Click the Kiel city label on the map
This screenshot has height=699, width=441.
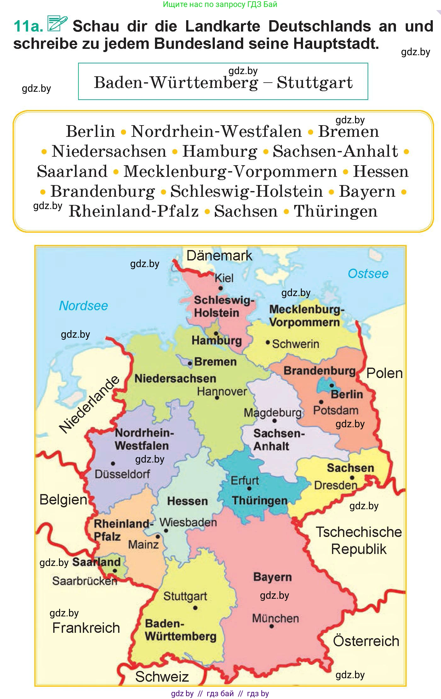click(x=224, y=278)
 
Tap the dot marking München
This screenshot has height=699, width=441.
click(x=272, y=626)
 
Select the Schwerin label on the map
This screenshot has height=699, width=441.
click(x=295, y=344)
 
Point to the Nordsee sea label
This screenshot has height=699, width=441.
click(x=83, y=306)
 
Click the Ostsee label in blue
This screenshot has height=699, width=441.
click(x=368, y=273)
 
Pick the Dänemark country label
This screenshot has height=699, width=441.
click(x=219, y=255)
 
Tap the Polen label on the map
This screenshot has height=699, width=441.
click(x=384, y=373)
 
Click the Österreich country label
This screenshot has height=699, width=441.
click(x=366, y=641)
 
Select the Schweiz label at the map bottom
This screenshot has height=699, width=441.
click(x=162, y=677)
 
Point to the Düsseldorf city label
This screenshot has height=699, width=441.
click(x=122, y=474)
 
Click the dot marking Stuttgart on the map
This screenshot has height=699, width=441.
click(x=195, y=608)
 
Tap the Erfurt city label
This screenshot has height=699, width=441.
click(x=245, y=481)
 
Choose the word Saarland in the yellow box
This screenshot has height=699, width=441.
click(x=72, y=171)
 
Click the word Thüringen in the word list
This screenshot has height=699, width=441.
click(x=335, y=211)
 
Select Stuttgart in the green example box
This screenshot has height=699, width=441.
click(x=315, y=83)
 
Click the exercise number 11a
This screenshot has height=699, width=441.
click(x=28, y=26)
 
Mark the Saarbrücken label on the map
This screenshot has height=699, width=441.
click(x=84, y=581)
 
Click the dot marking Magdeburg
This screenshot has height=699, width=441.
click(x=274, y=421)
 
